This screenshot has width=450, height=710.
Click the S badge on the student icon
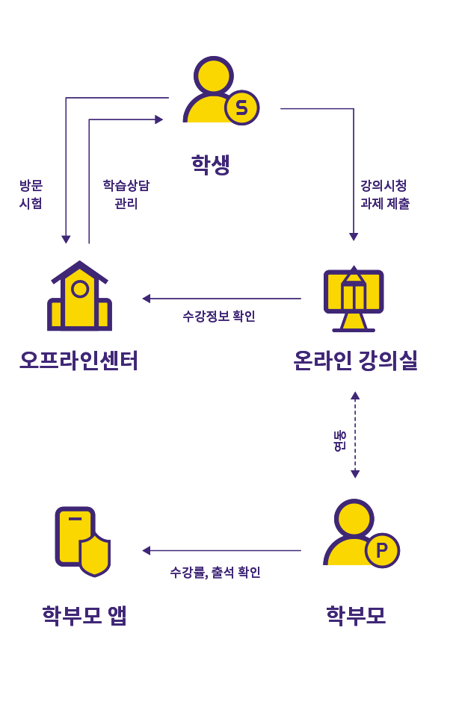(241, 108)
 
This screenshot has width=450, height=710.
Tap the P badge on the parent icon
(382, 550)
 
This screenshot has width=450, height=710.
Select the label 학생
(210, 164)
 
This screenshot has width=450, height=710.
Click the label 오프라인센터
(79, 361)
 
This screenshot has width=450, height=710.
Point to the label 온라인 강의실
(355, 361)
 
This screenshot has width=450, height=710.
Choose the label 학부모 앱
(84, 615)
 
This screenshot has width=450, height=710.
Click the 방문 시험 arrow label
(31, 193)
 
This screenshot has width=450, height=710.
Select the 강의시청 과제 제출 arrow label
(384, 193)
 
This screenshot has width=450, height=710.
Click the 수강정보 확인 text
(219, 316)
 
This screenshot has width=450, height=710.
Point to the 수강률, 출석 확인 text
(215, 573)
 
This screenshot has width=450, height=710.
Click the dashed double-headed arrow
(355, 435)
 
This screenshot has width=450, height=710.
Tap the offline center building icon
(79, 297)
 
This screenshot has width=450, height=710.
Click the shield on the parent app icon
(95, 555)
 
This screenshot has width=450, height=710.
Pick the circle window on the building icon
(80, 289)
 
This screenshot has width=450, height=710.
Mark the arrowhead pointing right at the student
(158, 119)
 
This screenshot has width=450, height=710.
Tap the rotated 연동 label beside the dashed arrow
(339, 440)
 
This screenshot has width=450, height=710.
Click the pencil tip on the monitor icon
(354, 270)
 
